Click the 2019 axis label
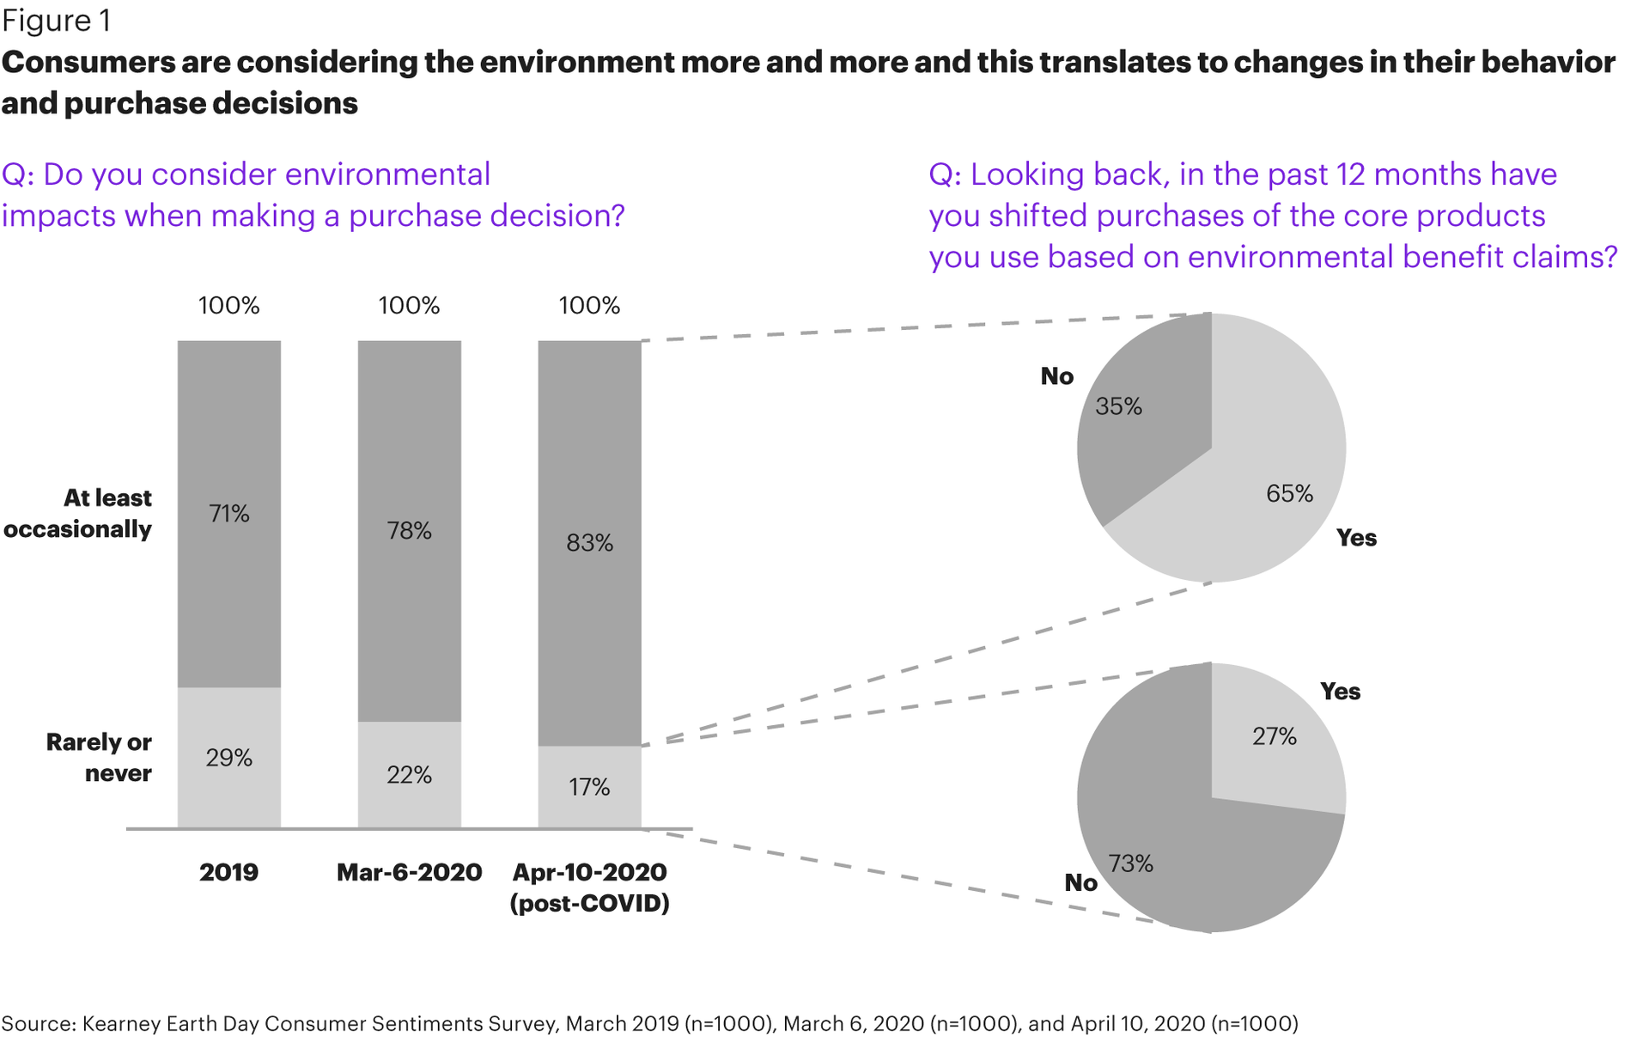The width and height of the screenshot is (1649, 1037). [228, 872]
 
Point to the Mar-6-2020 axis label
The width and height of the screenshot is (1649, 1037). [409, 872]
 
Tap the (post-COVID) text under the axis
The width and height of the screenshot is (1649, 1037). [589, 904]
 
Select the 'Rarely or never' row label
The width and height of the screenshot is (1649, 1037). [99, 757]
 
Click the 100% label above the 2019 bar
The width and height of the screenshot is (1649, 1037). [228, 306]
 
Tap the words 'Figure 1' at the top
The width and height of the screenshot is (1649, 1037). [56, 21]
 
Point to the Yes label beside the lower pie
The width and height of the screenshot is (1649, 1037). [1340, 692]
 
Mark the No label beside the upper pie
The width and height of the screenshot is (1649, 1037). [1056, 376]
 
